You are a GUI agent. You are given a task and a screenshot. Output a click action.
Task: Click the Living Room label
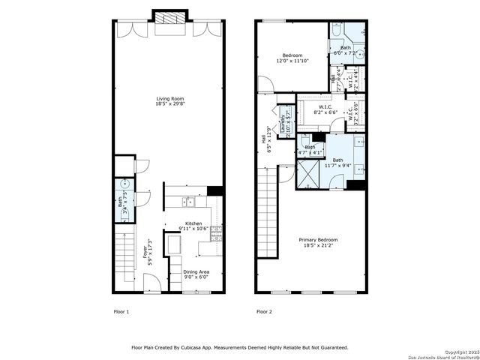tap(169, 99)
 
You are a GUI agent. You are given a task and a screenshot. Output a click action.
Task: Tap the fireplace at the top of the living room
tap(169, 18)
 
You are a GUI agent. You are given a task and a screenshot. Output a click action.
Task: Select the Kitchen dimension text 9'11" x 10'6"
tap(194, 229)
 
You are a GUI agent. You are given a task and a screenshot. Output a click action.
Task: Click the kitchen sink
tap(188, 202)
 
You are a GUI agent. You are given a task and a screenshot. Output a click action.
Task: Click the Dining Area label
tap(196, 271)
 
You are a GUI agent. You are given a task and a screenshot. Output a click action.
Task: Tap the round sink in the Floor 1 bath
tap(124, 184)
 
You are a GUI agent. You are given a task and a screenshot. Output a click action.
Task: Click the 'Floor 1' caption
tap(121, 311)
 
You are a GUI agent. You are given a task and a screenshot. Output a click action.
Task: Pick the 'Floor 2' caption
tap(264, 311)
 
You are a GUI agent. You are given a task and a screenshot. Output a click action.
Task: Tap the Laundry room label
tap(283, 123)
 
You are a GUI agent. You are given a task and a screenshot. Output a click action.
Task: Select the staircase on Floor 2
tap(266, 196)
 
